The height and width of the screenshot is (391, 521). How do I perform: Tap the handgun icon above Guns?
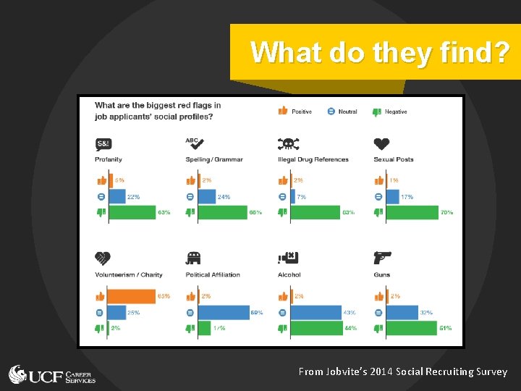pos(382,258)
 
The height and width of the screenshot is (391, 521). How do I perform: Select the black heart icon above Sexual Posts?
pos(382,144)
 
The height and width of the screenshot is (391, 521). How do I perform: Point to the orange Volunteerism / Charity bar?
pos(131,296)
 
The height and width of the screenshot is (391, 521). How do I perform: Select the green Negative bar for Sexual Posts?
pos(411,212)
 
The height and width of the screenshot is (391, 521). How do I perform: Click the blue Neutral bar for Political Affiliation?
pos(223,312)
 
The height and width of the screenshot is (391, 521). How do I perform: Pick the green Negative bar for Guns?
pos(410,328)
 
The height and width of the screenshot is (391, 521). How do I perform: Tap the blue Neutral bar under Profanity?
pos(116,196)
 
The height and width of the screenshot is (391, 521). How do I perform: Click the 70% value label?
pos(446,212)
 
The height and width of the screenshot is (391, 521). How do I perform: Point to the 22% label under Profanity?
pos(133,196)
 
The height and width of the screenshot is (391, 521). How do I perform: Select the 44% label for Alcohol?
pos(350,328)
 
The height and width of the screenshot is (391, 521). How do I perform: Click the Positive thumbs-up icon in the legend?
pos(282,112)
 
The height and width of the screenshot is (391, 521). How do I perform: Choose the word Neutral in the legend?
pos(347,112)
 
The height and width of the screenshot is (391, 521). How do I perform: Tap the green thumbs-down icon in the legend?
pos(376,112)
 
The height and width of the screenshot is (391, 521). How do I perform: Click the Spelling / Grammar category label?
pos(214,159)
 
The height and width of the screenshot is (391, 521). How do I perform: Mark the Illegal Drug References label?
pos(313,159)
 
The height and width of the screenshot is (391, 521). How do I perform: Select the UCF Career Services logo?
pos(52,375)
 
